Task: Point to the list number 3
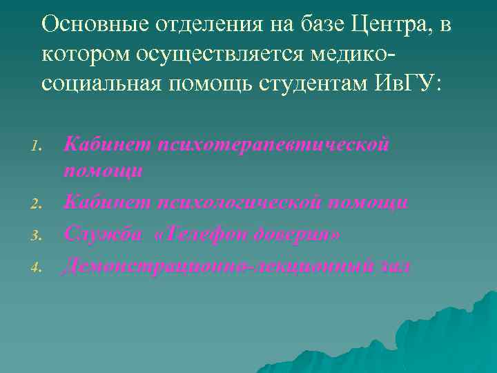39,234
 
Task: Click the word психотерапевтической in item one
274,145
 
